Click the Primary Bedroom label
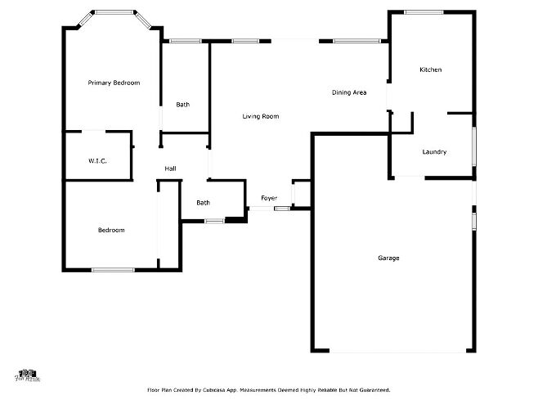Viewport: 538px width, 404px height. click(x=114, y=83)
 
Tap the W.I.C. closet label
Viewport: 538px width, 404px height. click(x=98, y=160)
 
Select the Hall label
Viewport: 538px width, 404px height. click(x=170, y=168)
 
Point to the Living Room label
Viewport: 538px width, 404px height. click(x=260, y=116)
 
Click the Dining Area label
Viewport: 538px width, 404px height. click(x=348, y=92)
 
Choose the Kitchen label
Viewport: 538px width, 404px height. click(x=430, y=70)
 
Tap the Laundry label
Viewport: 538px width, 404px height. click(x=433, y=152)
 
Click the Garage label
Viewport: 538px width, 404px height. click(x=388, y=258)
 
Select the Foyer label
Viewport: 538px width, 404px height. click(x=269, y=198)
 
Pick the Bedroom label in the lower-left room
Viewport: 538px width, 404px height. click(x=111, y=230)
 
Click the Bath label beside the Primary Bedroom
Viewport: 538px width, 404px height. click(x=183, y=104)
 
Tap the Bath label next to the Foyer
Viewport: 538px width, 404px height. click(x=203, y=202)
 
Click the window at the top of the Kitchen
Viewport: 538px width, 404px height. click(x=424, y=12)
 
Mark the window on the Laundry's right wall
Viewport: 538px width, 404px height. click(x=473, y=147)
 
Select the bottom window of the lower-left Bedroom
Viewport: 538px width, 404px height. click(x=113, y=269)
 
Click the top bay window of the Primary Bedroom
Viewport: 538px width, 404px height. click(x=112, y=12)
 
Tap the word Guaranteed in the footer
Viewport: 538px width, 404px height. click(x=372, y=391)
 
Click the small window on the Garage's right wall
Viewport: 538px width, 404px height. click(x=473, y=220)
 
